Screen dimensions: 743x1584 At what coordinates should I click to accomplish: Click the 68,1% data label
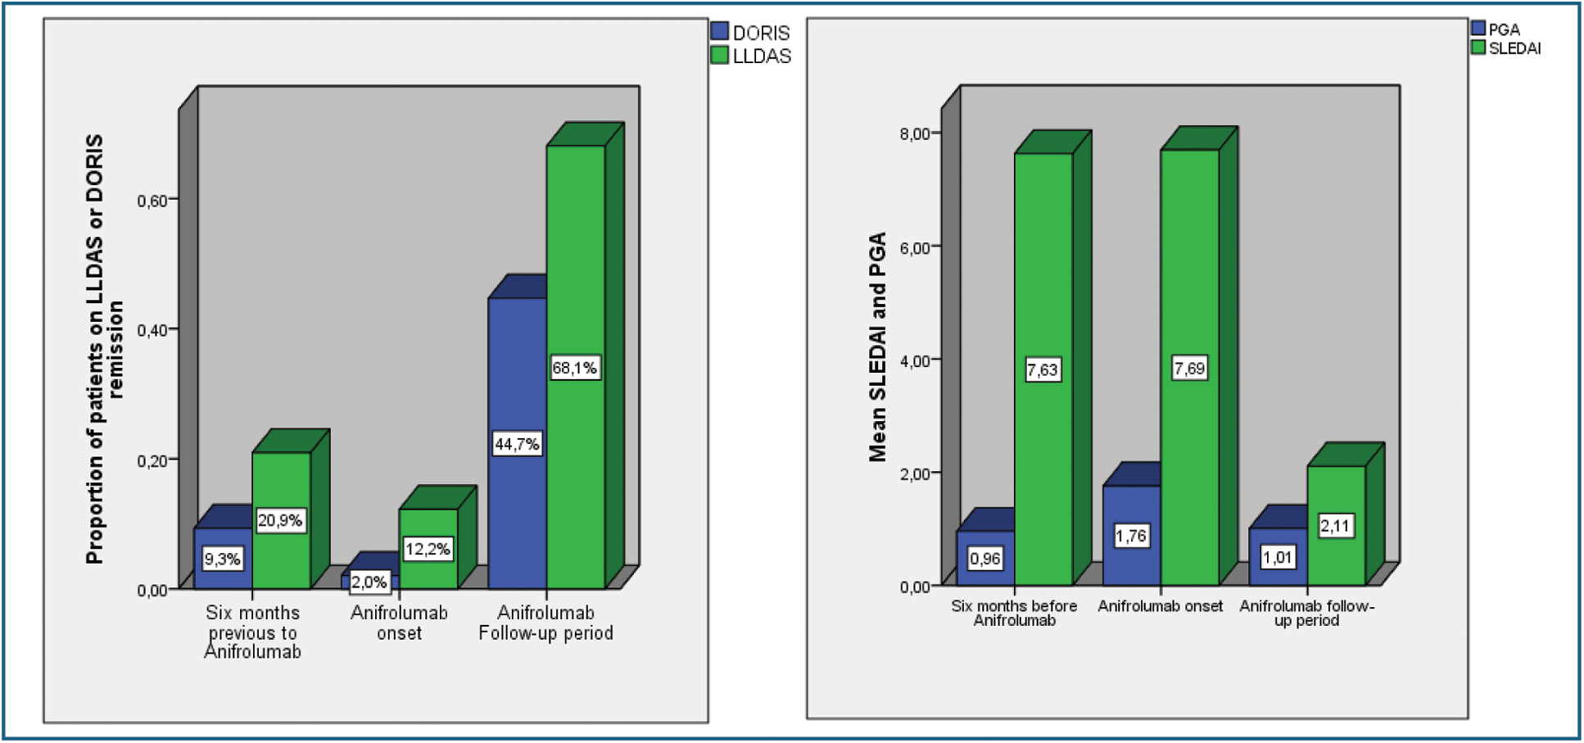click(x=574, y=368)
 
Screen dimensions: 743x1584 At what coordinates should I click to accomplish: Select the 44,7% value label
click(x=517, y=444)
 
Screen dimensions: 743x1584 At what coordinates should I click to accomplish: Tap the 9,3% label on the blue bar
click(x=222, y=560)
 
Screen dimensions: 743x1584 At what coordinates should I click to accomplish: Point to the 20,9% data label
click(x=280, y=520)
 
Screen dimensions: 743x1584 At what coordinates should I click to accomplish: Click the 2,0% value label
click(x=369, y=582)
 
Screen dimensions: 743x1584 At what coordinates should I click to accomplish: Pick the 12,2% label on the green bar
click(x=428, y=549)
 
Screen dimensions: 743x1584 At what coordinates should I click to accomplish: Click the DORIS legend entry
click(x=751, y=33)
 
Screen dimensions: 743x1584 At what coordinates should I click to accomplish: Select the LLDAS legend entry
click(x=751, y=56)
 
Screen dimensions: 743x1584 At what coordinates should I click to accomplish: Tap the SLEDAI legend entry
click(x=1506, y=48)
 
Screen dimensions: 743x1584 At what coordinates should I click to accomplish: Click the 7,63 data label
click(x=1043, y=370)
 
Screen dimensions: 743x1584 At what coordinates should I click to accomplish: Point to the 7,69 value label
click(x=1189, y=369)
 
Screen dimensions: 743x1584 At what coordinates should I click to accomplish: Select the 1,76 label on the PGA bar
click(x=1131, y=536)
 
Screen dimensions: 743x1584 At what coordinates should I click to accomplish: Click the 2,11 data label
click(x=1335, y=526)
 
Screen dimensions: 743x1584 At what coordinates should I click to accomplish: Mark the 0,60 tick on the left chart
click(x=152, y=201)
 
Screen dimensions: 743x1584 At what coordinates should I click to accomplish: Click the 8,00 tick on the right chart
click(x=915, y=134)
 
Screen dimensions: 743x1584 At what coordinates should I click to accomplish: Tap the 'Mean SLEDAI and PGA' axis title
click(x=877, y=347)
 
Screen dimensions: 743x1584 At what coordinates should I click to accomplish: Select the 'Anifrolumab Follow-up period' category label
click(x=546, y=623)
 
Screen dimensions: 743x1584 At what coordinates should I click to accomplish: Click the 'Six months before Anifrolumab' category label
click(x=1014, y=613)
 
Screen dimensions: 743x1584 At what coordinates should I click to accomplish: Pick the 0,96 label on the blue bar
click(x=985, y=559)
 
